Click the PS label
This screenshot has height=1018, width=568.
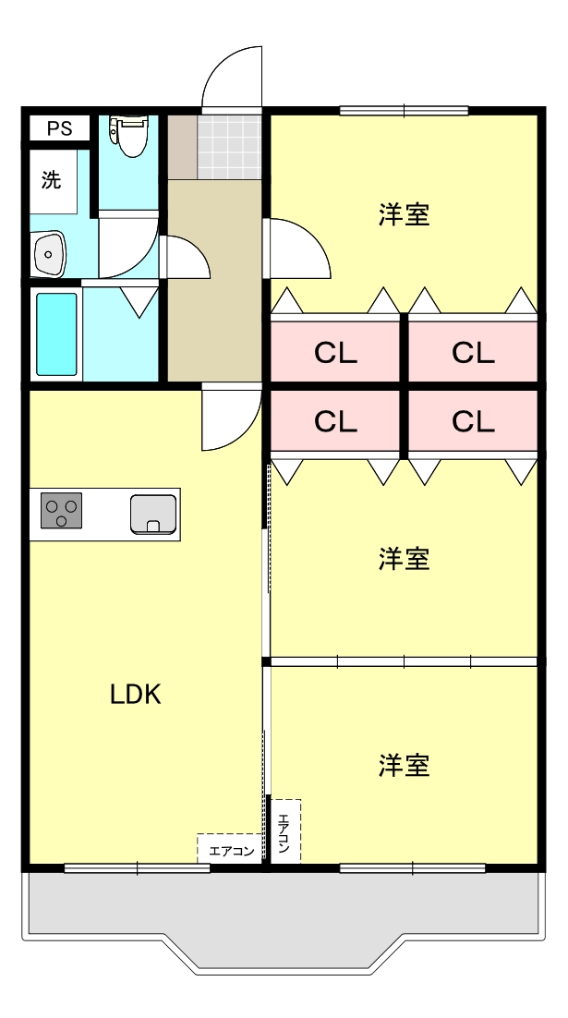[x=59, y=128]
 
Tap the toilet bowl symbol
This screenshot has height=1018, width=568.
[x=127, y=135]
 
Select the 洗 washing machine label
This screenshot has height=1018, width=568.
[x=52, y=180]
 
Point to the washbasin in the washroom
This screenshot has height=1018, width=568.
[x=48, y=251]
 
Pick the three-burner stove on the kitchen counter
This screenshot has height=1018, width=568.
[x=61, y=511]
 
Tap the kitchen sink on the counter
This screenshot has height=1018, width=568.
[x=152, y=514]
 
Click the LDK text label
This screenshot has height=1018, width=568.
[x=136, y=695]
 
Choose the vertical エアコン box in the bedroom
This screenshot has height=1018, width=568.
[x=284, y=831]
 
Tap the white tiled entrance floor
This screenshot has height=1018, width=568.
[x=228, y=146]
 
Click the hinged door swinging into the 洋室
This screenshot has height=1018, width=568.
[x=297, y=248]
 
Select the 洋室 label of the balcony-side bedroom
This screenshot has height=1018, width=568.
[x=405, y=766]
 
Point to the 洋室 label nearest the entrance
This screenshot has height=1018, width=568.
[x=405, y=214]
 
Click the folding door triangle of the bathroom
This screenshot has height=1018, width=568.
[x=139, y=301]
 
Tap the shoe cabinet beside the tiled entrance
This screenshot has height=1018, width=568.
[x=182, y=146]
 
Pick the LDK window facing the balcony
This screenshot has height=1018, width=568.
[x=137, y=867]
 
